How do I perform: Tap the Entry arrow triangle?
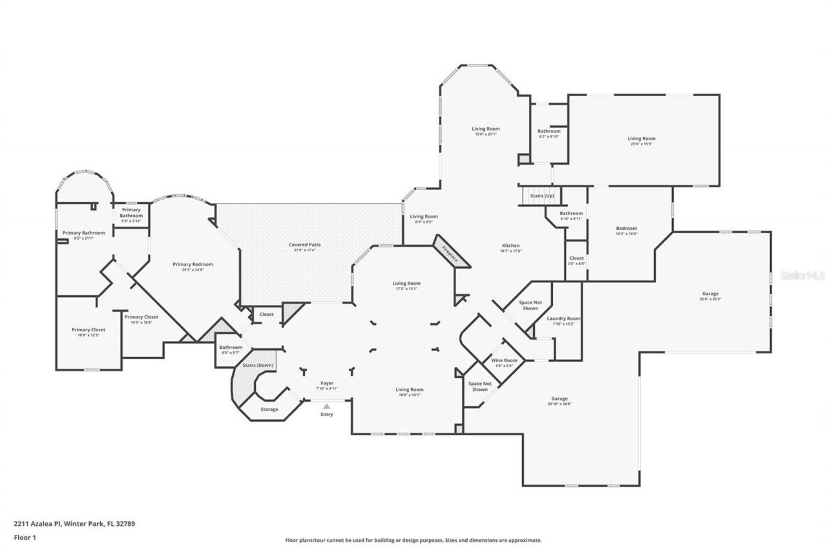tap(327, 406)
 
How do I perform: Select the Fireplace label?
tap(450, 253)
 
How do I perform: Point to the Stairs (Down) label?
tap(258, 366)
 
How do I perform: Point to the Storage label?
tap(269, 410)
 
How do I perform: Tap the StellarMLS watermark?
tap(802, 275)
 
